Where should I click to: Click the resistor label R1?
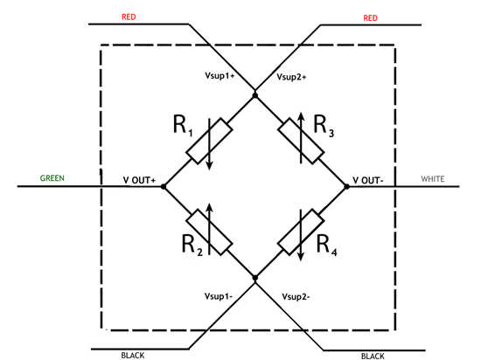click(x=183, y=126)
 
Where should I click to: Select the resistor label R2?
click(x=192, y=246)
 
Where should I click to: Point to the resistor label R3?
click(x=324, y=126)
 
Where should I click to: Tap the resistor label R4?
click(x=326, y=246)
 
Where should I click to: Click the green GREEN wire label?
click(x=52, y=178)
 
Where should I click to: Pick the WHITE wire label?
click(x=433, y=178)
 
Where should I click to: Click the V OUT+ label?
click(x=139, y=180)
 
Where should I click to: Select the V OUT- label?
click(x=368, y=181)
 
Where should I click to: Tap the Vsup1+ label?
click(x=220, y=76)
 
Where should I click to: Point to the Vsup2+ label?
click(x=291, y=77)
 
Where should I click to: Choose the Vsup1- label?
click(x=219, y=296)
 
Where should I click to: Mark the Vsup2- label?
click(x=296, y=296)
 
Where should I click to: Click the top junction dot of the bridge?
click(x=255, y=95)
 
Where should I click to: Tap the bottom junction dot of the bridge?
click(x=255, y=278)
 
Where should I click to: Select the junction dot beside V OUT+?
click(x=164, y=186)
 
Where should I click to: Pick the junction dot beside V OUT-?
click(x=346, y=186)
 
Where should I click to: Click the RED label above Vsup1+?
click(x=129, y=17)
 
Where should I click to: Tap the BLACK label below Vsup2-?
click(x=373, y=356)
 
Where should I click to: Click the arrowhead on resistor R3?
click(x=301, y=117)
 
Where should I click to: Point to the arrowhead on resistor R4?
click(x=301, y=256)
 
